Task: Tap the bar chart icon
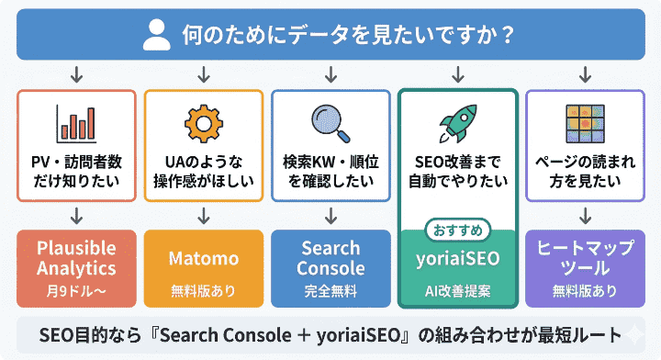tap(76, 124)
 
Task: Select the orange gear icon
tap(203, 124)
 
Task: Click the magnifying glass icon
tap(329, 122)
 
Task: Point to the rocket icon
tap(457, 124)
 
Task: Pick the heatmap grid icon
tap(584, 122)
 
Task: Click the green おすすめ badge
tap(457, 228)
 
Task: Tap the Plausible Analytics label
tap(76, 258)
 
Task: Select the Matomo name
tap(203, 258)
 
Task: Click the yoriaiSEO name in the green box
tap(457, 259)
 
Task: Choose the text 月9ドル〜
tap(76, 291)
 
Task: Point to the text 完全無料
tap(330, 291)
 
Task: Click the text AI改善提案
tap(457, 291)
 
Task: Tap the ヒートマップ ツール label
tap(584, 258)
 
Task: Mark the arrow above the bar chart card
tap(76, 73)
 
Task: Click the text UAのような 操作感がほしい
tap(203, 171)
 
